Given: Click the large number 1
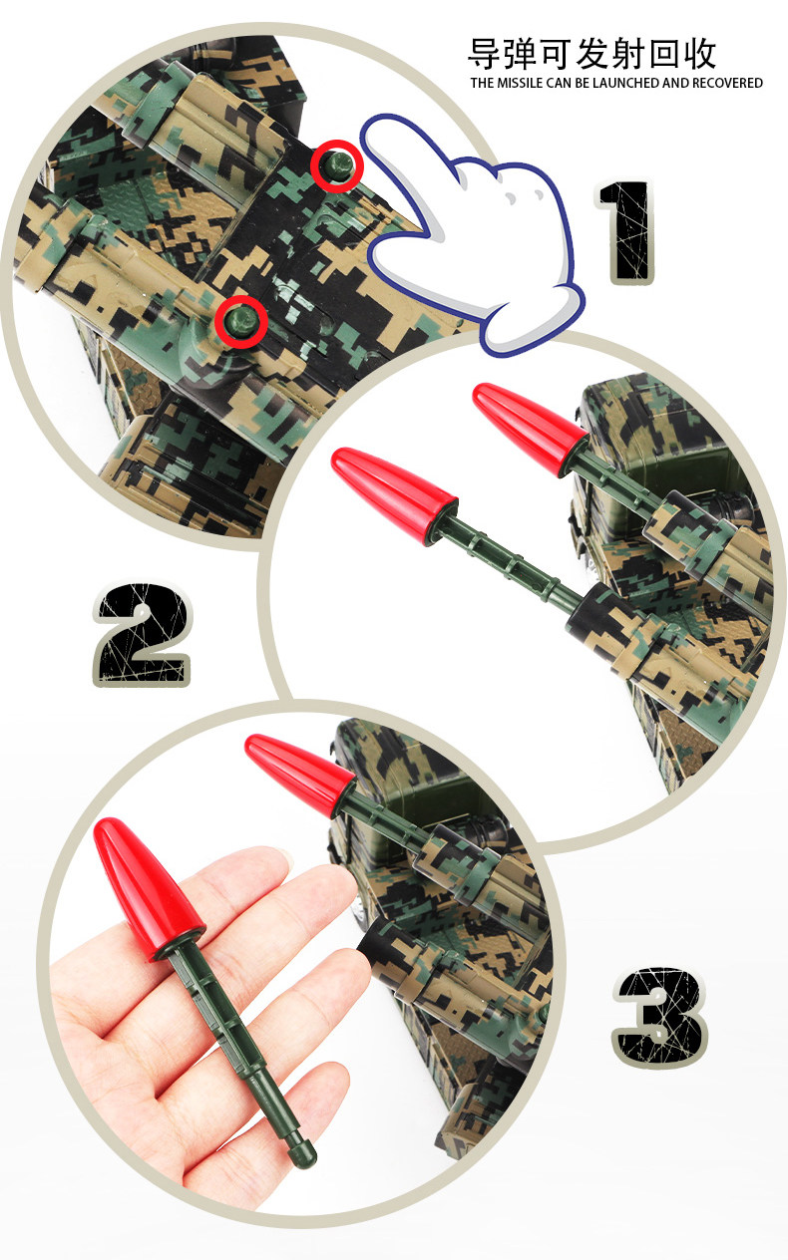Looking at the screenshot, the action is tap(625, 231).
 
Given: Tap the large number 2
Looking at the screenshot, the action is tap(143, 634).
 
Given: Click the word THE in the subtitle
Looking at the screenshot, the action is tap(483, 84).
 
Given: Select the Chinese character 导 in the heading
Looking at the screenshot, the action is tap(485, 54).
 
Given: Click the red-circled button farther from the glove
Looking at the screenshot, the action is tap(241, 322).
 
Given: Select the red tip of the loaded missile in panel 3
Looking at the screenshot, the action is tap(299, 772).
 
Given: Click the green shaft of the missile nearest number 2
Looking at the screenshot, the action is tap(513, 565).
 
